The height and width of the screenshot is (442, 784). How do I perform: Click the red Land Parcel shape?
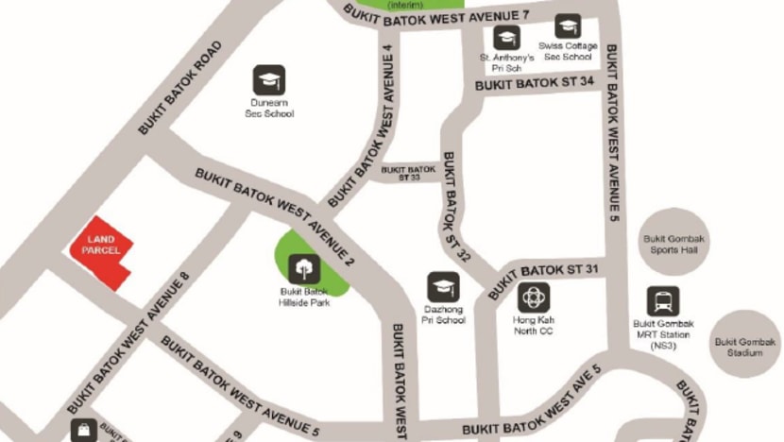(101, 251)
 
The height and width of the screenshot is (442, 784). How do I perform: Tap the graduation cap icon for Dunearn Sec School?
(268, 79)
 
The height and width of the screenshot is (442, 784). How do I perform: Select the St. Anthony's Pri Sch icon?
(507, 38)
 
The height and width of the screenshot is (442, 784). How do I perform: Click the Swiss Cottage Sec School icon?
(568, 26)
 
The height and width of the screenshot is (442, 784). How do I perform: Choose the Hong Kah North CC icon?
(534, 297)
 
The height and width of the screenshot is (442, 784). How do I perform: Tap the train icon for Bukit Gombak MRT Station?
(663, 301)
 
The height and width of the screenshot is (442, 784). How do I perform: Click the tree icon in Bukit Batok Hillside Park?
(304, 269)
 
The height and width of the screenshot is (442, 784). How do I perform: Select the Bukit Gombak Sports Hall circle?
(674, 242)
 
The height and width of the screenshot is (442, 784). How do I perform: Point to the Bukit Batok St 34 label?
(535, 84)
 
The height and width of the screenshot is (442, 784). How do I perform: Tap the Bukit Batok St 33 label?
(409, 172)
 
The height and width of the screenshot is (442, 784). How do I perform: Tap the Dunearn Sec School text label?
(269, 109)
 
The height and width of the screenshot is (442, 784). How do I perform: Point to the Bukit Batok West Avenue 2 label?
(275, 214)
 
